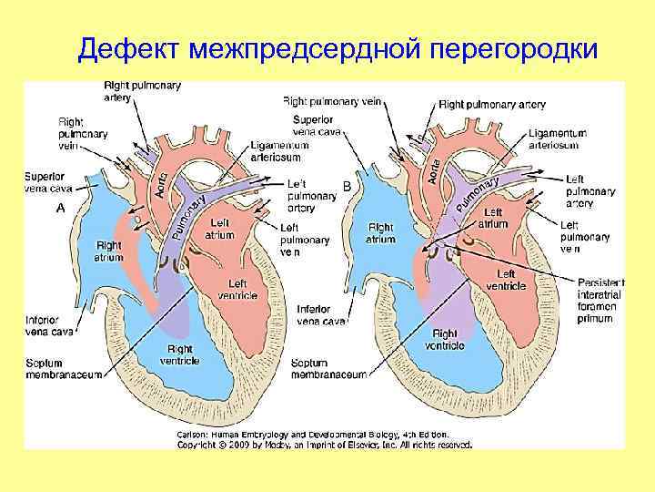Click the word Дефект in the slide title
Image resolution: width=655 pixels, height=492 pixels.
pyautogui.click(x=130, y=49)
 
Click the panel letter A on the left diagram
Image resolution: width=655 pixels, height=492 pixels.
pyautogui.click(x=60, y=208)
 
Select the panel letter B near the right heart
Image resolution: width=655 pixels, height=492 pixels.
pyautogui.click(x=347, y=185)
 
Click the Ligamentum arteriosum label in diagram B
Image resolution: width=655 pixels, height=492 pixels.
pyautogui.click(x=557, y=138)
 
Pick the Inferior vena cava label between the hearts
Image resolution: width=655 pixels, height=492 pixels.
pyautogui.click(x=321, y=315)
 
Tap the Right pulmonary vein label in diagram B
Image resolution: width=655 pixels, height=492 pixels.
pyautogui.click(x=331, y=101)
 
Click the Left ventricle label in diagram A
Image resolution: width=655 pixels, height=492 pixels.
pyautogui.click(x=237, y=290)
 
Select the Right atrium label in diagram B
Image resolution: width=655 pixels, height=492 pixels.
pyautogui.click(x=380, y=233)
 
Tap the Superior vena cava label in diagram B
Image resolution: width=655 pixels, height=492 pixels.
pyautogui.click(x=317, y=126)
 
